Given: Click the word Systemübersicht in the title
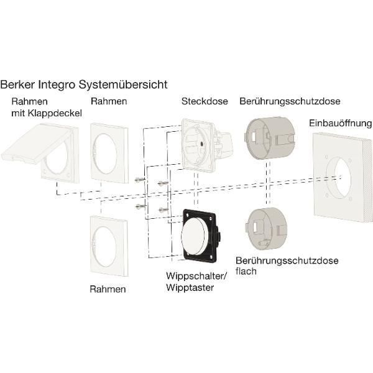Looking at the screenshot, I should point(122,83).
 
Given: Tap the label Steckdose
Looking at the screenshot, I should point(205,101).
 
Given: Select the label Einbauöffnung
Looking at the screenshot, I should point(340,123).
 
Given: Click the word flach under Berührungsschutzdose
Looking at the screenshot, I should point(246,272).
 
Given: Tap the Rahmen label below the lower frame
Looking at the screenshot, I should point(108,289).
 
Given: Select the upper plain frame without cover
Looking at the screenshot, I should point(109,152).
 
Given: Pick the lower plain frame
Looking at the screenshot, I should point(109,245).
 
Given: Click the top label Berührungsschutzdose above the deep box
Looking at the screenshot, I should point(290,101).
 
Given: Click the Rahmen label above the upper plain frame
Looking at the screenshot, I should point(109,101).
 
